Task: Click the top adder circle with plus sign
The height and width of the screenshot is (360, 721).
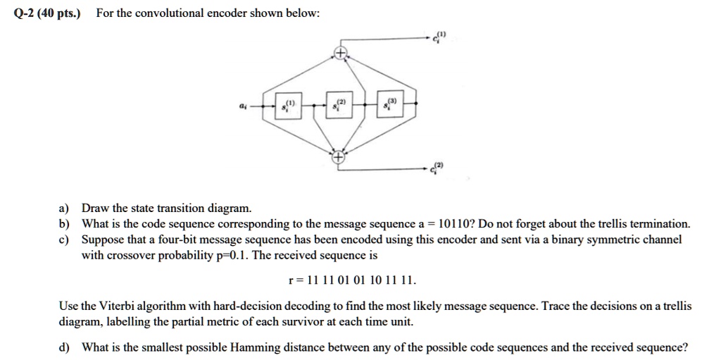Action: point(340,54)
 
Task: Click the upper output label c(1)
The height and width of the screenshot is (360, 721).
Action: point(440,37)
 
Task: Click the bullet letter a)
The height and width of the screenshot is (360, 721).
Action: point(64,209)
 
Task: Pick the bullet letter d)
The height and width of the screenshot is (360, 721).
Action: point(65,347)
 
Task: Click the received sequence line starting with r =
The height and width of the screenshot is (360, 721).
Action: point(353,280)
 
